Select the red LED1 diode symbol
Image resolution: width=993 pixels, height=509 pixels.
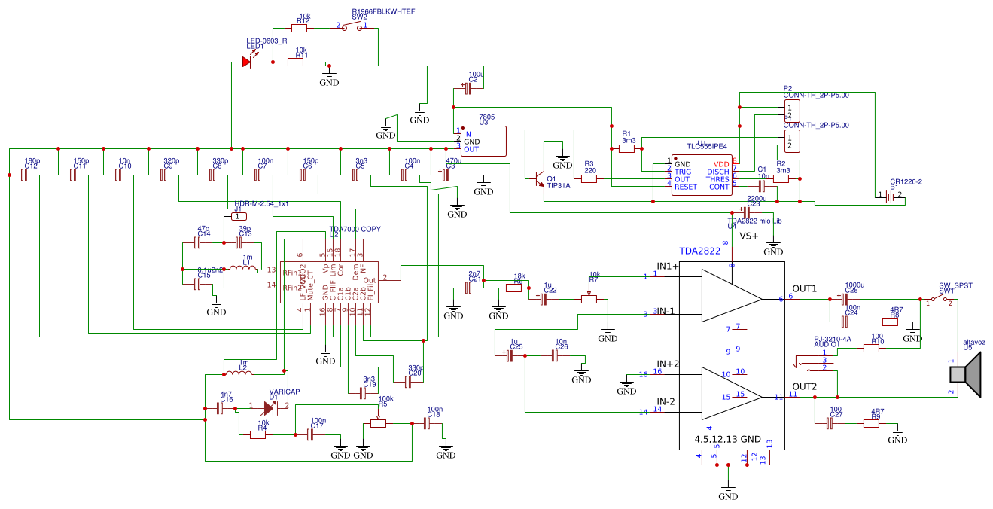(x=247, y=62)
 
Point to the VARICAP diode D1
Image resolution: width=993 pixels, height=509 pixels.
(x=270, y=408)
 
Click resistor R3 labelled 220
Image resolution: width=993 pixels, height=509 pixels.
(x=589, y=179)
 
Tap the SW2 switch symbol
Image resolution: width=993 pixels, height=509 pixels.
(x=352, y=27)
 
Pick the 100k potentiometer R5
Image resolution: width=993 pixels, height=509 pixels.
(x=379, y=423)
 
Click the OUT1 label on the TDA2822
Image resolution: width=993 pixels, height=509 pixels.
(x=805, y=289)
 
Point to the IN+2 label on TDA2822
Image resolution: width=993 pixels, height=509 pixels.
(x=668, y=364)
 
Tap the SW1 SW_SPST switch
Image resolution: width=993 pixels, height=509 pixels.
(x=939, y=300)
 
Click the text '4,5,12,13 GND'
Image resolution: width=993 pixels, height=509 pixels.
(x=729, y=438)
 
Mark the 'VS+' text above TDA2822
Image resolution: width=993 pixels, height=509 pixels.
(x=749, y=236)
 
